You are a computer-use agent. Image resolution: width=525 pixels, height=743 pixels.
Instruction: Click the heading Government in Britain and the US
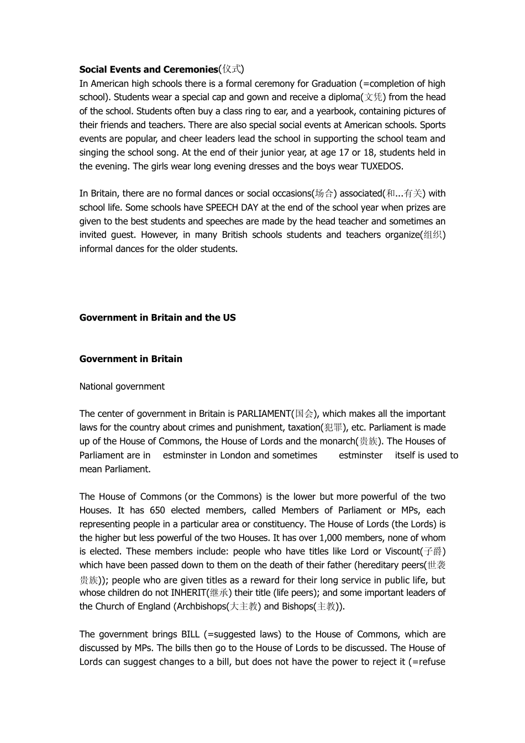click(x=158, y=318)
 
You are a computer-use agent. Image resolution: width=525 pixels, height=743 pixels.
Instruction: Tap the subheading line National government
click(x=122, y=386)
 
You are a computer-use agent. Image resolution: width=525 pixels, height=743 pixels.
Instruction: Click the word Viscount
click(x=402, y=552)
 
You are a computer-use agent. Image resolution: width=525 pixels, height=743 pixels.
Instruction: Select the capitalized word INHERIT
click(x=188, y=593)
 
